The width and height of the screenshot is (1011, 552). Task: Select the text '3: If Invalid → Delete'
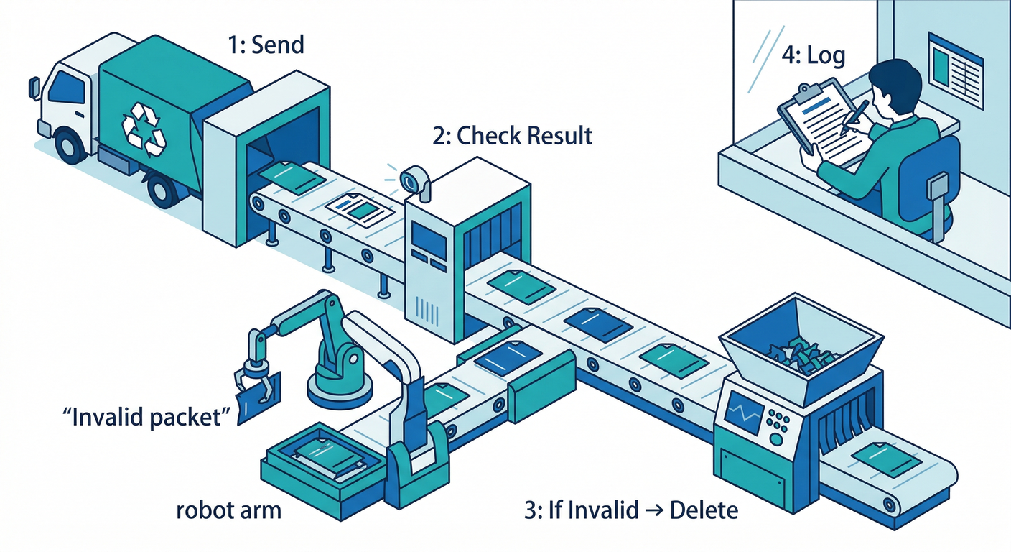pyautogui.click(x=630, y=511)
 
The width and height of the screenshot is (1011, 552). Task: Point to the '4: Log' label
pyautogui.click(x=813, y=56)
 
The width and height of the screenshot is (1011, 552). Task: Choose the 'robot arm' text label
pyautogui.click(x=228, y=511)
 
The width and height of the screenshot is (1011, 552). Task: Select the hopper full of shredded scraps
pyautogui.click(x=801, y=345)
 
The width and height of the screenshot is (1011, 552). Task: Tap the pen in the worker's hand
pyautogui.click(x=857, y=115)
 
